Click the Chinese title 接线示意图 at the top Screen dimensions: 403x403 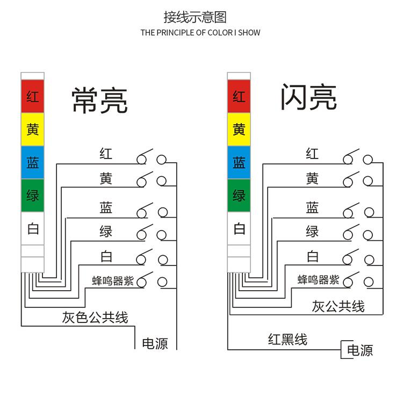click(x=195, y=17)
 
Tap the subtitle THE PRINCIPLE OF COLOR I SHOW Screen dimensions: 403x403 click(x=200, y=33)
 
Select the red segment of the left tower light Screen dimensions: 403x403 click(x=32, y=97)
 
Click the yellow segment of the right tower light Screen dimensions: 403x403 click(x=239, y=129)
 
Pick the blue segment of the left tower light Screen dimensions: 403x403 click(x=32, y=162)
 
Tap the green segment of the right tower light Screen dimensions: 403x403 click(x=239, y=196)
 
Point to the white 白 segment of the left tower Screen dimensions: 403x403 click(x=32, y=229)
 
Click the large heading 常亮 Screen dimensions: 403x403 click(x=99, y=100)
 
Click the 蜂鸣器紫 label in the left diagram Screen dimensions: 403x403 click(x=113, y=280)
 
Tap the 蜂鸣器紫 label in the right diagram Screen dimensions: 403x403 click(x=319, y=280)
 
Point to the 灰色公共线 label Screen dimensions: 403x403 click(x=95, y=318)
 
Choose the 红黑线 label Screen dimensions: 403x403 click(x=287, y=340)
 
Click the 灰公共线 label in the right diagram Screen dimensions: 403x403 click(x=338, y=307)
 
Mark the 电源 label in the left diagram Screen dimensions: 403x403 click(x=155, y=344)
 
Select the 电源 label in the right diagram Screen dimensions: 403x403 click(x=360, y=351)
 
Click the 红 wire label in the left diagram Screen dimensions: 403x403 click(x=106, y=154)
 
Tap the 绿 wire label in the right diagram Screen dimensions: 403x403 click(x=312, y=232)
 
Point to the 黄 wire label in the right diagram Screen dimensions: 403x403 click(x=312, y=179)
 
